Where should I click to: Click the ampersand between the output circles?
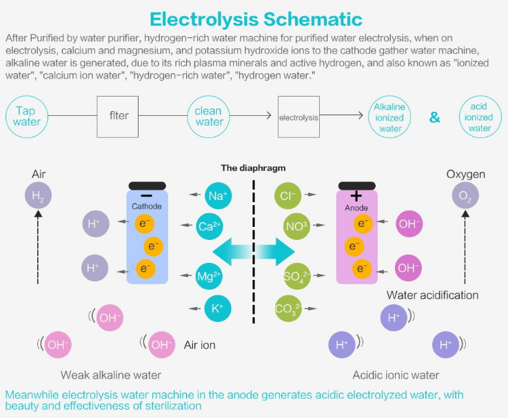coord(435,117)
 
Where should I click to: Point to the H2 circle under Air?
coord(38,195)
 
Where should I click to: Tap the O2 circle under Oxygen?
coord(465,195)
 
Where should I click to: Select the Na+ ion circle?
coord(218,195)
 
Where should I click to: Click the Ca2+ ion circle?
coord(210,226)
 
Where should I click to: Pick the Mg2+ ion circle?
coord(209,277)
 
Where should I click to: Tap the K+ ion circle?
coord(218,308)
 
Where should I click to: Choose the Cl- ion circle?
coord(287,195)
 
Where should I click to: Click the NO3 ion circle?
coord(296,226)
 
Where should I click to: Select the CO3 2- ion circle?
coord(288,308)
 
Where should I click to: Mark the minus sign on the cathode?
coord(147,195)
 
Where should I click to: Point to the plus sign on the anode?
coord(356,195)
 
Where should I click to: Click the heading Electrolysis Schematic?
coord(256,19)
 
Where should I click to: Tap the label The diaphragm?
coord(254,168)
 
